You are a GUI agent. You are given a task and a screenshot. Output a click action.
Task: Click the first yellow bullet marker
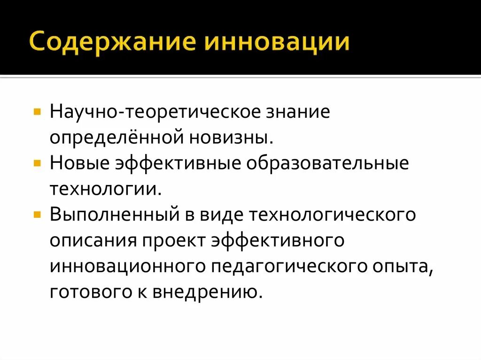37,114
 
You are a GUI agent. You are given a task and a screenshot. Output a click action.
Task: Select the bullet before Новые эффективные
37,165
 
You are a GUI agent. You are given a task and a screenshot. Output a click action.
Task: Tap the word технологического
333,215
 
